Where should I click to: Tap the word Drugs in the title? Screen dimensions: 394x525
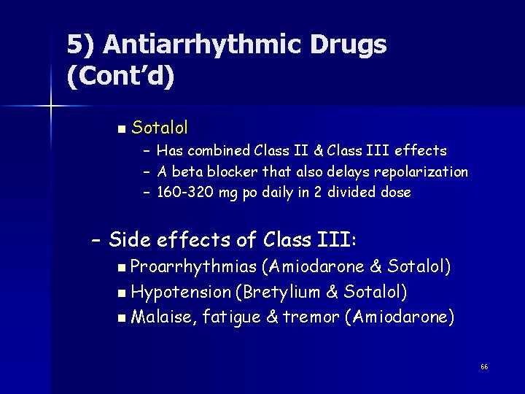(x=349, y=45)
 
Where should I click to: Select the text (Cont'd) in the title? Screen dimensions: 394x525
(x=120, y=77)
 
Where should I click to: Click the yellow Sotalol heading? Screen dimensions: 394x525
(x=160, y=128)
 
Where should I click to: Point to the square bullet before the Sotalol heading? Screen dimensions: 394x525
(x=120, y=130)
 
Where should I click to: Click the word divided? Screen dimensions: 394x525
(x=353, y=193)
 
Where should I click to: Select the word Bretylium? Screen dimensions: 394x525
(x=280, y=292)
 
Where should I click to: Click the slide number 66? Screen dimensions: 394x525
(x=484, y=366)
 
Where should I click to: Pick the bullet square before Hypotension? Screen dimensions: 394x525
(x=120, y=293)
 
